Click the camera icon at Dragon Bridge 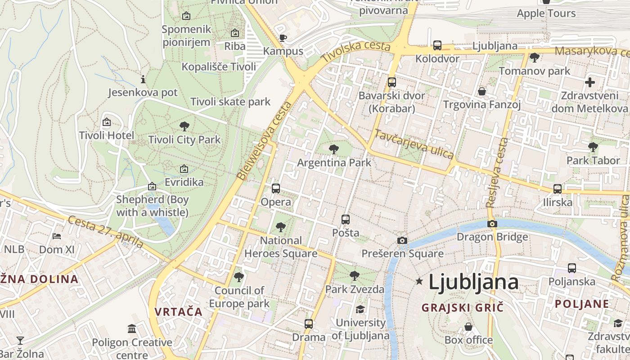492,224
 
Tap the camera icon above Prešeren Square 402,240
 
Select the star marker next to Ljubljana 419,281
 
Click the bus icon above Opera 276,189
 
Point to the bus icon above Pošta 345,220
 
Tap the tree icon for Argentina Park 333,149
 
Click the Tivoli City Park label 184,139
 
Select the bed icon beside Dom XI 57,236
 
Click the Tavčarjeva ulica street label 414,144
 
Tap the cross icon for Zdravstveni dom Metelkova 589,82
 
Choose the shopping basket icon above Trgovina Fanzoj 482,91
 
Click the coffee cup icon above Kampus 283,38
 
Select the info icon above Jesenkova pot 143,80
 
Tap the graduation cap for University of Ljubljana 360,309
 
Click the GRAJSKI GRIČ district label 462,308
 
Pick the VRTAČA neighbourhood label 178,311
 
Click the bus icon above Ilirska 557,189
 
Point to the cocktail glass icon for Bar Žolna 20,340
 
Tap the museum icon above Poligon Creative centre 132,329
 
